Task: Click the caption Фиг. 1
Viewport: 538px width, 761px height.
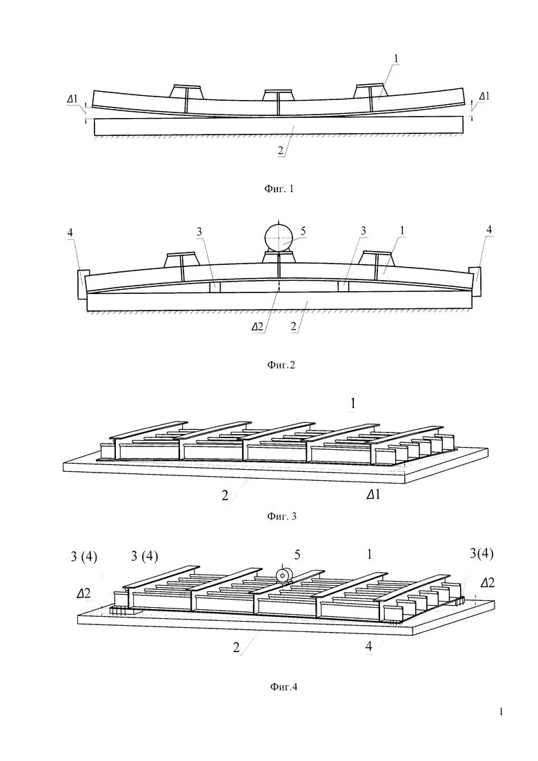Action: pos(279,188)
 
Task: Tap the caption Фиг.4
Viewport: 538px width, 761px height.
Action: pos(283,686)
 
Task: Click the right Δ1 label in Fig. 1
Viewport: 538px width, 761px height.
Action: pos(484,96)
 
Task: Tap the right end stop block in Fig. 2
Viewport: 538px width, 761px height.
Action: pos(474,279)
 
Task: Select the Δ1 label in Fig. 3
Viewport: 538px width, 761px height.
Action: pos(373,495)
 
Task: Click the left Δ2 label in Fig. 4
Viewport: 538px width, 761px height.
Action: pos(83,593)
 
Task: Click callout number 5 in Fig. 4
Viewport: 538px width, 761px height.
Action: pos(297,554)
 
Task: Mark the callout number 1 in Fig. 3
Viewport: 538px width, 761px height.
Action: pos(353,402)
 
